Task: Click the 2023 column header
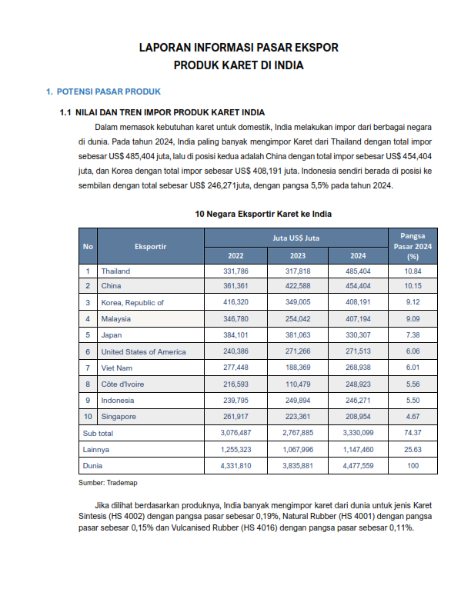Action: coord(297,256)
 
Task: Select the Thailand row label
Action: coord(115,271)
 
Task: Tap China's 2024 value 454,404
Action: coord(359,286)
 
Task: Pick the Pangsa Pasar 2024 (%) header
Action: coord(413,246)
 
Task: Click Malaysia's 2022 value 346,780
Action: coord(235,318)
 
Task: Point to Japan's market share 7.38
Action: coord(413,335)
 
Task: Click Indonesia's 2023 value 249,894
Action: coord(297,401)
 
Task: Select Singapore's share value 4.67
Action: coord(413,417)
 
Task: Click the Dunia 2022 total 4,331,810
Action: coord(235,466)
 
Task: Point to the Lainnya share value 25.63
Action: coord(413,450)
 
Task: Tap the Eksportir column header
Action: coord(150,246)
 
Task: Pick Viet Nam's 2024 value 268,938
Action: coord(359,368)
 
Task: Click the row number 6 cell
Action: coord(88,351)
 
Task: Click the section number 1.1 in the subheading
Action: coord(65,112)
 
